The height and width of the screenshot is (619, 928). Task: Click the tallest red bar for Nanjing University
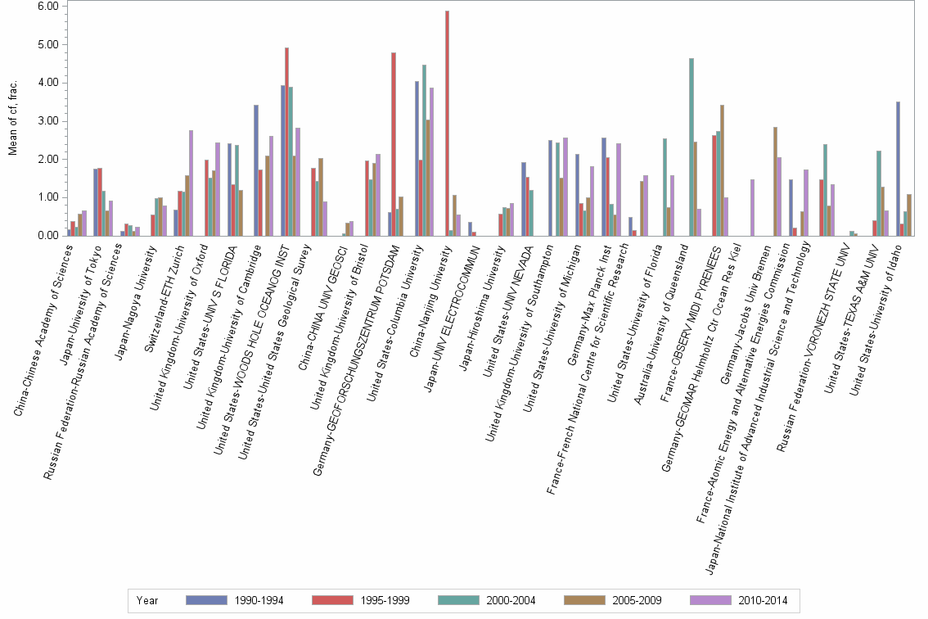click(x=447, y=123)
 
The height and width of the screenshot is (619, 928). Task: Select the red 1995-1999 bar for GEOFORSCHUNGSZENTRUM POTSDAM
click(x=394, y=144)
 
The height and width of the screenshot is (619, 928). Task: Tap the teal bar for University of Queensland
click(x=691, y=147)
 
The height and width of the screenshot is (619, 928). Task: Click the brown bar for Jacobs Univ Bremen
click(x=775, y=181)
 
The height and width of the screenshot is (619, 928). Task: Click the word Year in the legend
click(x=148, y=600)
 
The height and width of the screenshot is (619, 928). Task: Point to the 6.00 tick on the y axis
click(x=47, y=6)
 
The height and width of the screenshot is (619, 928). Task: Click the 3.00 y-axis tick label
click(x=47, y=120)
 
